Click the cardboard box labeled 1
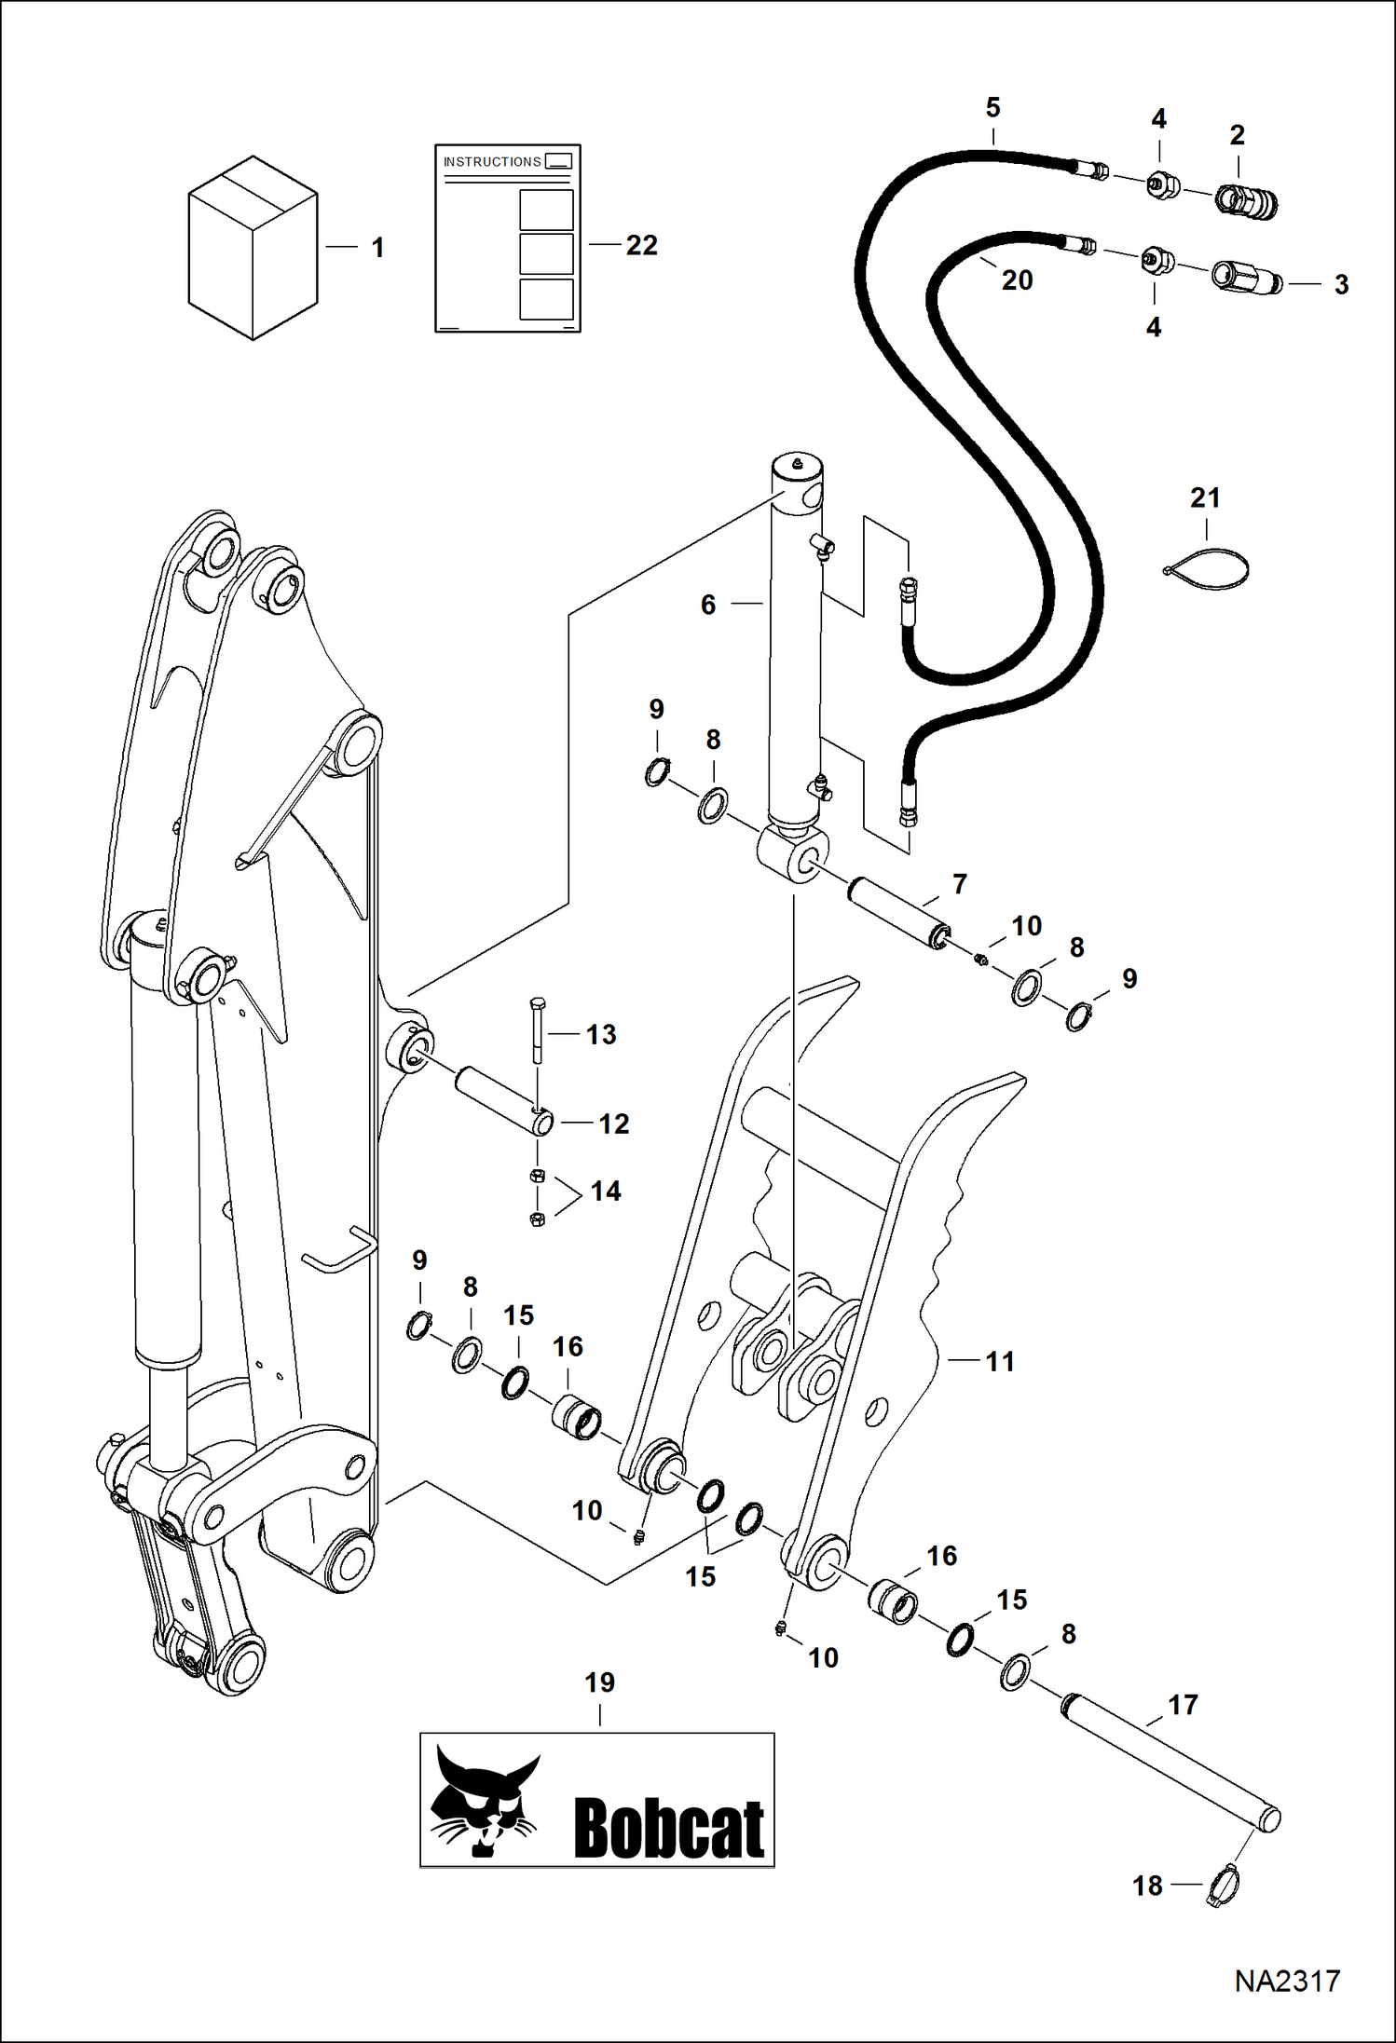point(253,248)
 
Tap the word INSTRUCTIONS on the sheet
point(491,162)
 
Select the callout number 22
point(641,245)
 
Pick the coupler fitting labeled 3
point(1246,277)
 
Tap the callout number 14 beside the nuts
point(606,1192)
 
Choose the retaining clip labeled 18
point(1222,1886)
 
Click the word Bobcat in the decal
point(668,1828)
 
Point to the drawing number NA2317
point(1287,1982)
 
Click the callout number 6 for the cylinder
point(708,606)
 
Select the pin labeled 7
point(897,912)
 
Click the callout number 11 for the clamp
point(1000,1362)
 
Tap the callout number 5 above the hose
point(992,108)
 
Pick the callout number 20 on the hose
point(1017,280)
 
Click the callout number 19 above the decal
point(599,1683)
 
